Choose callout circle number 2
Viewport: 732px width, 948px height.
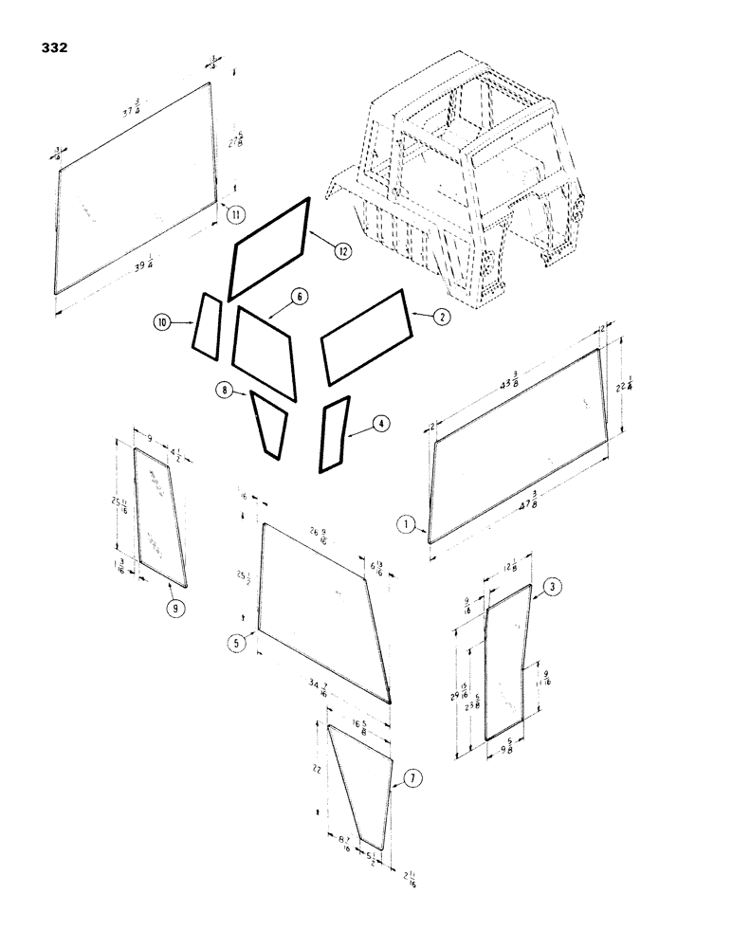tap(440, 319)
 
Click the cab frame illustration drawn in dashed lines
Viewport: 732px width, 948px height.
tap(465, 180)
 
